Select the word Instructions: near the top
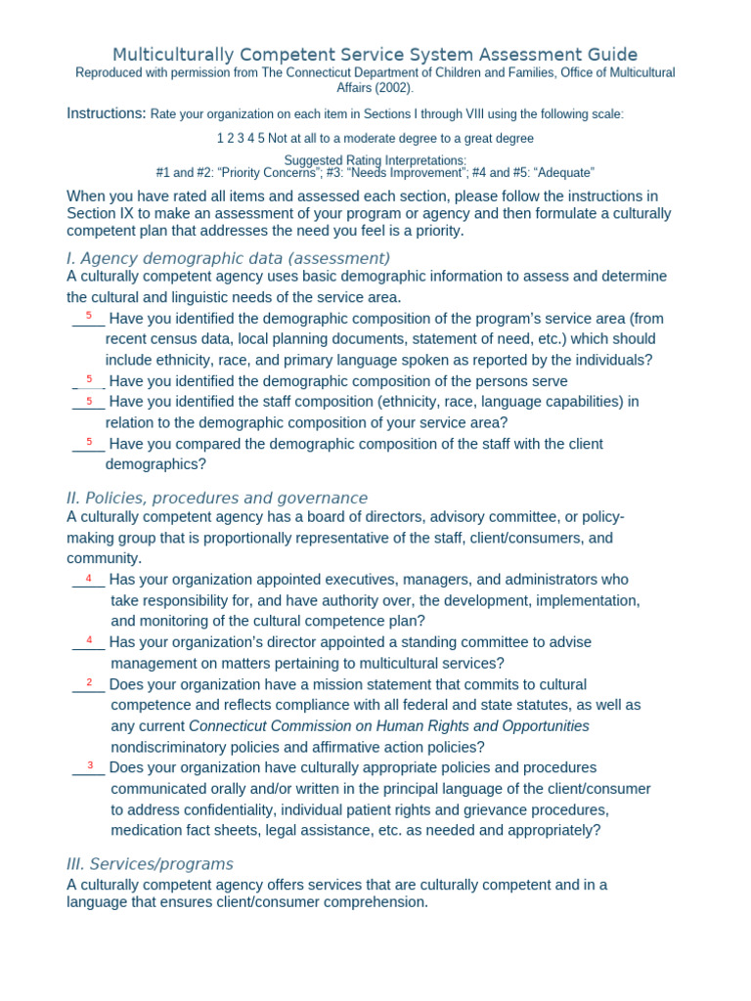tap(106, 113)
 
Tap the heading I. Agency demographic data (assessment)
tap(228, 258)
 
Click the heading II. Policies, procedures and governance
tap(217, 498)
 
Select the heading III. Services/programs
tap(150, 864)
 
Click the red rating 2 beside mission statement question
tap(90, 681)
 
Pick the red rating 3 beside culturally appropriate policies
tap(90, 764)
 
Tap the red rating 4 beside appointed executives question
tap(90, 577)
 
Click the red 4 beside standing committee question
tap(90, 639)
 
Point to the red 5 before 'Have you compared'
tap(89, 441)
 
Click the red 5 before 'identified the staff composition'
tap(89, 399)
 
